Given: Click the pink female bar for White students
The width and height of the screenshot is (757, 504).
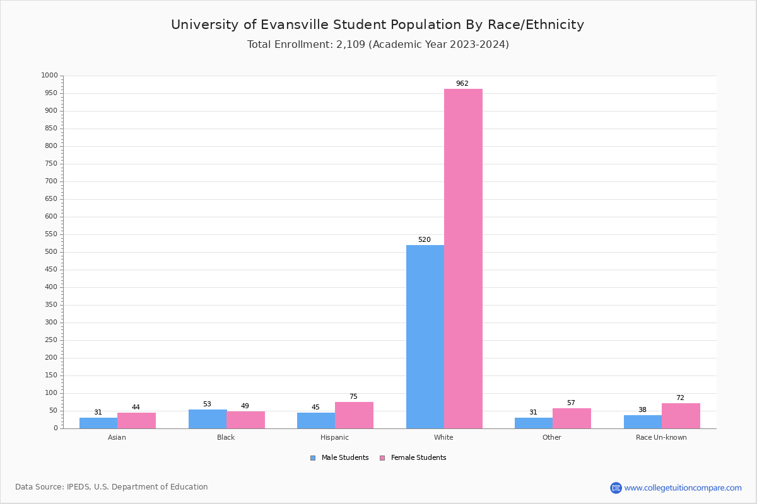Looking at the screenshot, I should click(463, 258).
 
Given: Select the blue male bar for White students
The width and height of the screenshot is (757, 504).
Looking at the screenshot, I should click(425, 336).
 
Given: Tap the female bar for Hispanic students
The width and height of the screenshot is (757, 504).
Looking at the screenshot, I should click(354, 415).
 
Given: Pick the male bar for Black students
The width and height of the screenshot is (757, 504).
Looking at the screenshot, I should click(208, 419).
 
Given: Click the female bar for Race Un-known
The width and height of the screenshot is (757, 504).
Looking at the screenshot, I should click(681, 416).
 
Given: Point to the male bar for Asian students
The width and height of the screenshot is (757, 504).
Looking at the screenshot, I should click(98, 423).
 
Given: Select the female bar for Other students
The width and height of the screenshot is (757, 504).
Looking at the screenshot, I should click(572, 418).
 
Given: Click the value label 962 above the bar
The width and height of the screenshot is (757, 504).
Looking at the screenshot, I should click(462, 84).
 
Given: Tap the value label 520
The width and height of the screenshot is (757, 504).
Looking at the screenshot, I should click(424, 240).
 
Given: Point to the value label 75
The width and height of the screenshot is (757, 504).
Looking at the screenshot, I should click(353, 397).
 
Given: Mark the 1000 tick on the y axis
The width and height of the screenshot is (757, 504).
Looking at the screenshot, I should click(49, 76).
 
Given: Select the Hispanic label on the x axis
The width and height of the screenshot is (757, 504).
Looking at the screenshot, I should click(334, 437).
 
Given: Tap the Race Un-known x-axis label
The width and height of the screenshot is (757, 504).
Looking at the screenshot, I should click(661, 437).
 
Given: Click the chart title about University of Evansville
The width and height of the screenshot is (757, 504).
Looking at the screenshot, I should click(377, 25).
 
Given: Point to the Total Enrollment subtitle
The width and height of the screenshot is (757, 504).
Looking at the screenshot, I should click(378, 45).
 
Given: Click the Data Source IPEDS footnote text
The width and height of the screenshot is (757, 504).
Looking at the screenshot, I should click(112, 487).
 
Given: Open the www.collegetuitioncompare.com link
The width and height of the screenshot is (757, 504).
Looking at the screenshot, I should click(683, 488).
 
